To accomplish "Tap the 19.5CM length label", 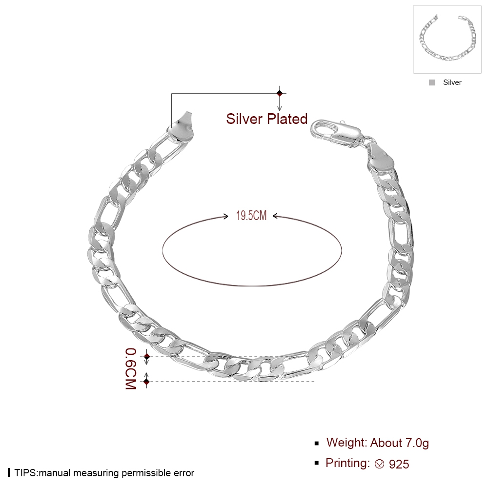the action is point(251,216).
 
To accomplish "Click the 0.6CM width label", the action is point(131,368).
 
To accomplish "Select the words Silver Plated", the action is point(267,119).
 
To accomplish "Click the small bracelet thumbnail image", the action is point(447,39).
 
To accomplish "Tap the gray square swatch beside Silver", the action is point(432,82).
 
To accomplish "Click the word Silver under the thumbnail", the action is point(452,82).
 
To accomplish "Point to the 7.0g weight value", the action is point(417,443).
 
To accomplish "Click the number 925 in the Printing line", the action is point(399,465).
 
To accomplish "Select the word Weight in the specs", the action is point(346,443).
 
